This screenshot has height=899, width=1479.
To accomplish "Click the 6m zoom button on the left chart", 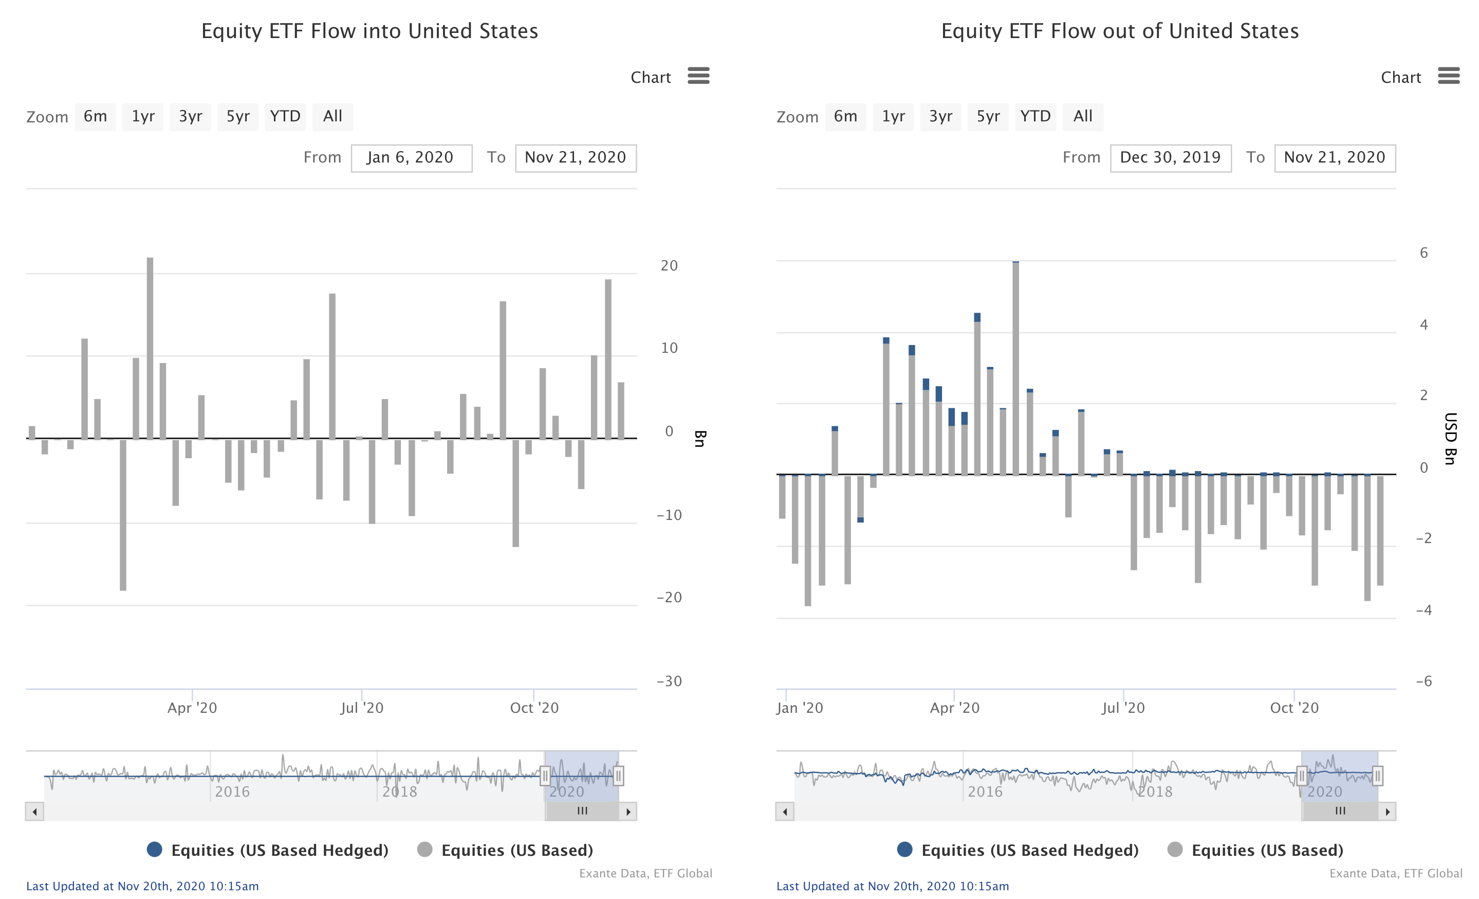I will click(95, 117).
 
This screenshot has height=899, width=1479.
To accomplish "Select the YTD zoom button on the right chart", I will click(1035, 117).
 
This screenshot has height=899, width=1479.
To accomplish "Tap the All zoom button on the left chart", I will click(332, 117).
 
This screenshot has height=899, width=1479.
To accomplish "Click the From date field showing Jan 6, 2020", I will click(411, 158).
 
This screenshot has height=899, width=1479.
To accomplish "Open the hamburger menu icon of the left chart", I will click(698, 76).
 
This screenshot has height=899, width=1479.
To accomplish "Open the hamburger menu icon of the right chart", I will click(1448, 76).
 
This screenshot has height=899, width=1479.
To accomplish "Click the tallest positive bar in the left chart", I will click(150, 348).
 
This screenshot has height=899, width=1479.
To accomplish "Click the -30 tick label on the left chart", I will click(669, 681).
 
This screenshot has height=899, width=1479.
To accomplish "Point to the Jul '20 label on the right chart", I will click(1123, 708).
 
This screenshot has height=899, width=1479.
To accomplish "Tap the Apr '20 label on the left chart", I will click(192, 708).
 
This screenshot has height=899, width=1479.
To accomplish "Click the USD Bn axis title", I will click(1450, 438).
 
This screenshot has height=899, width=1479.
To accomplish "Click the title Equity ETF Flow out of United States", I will click(1119, 31).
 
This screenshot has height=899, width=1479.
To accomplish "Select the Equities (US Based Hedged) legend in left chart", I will click(268, 850).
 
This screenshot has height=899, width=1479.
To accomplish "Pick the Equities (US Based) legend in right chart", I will click(1255, 850).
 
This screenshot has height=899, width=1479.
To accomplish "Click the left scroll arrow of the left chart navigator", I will click(35, 812).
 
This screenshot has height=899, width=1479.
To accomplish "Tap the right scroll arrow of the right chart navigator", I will click(1387, 812).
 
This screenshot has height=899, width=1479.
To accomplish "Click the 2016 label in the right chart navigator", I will click(985, 792).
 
